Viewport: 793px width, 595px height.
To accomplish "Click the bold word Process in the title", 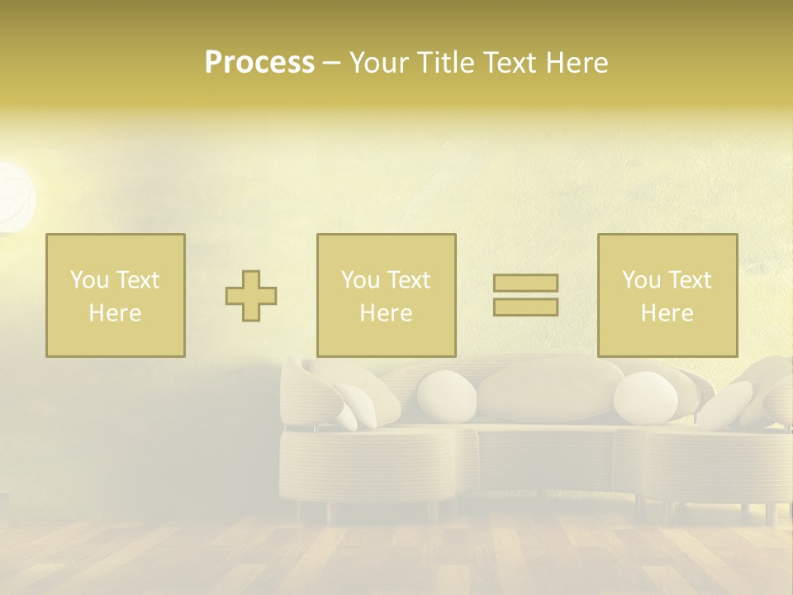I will point(259,63).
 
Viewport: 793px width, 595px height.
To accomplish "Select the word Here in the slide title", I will point(576,63).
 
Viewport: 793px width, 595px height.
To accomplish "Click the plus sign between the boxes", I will point(251,296).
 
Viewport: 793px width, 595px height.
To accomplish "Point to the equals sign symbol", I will point(525,295).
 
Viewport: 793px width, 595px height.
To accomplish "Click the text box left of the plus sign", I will point(116,296).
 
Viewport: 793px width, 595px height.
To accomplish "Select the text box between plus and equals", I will point(387,296).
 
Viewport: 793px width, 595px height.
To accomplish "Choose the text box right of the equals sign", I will point(667,296).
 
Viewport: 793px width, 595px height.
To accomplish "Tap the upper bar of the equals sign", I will point(525,283).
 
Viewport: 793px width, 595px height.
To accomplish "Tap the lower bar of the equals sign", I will point(525,307).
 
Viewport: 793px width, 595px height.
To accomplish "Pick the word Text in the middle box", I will point(409,280).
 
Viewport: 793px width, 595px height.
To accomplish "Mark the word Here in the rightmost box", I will point(667,313).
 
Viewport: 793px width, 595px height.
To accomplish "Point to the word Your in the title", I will point(381,63).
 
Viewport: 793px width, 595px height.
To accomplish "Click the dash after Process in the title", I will point(331,63).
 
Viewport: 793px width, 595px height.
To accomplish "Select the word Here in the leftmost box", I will point(116,313).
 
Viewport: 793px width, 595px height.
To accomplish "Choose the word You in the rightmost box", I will point(642,280).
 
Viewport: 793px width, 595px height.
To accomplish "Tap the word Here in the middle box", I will point(387,313).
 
